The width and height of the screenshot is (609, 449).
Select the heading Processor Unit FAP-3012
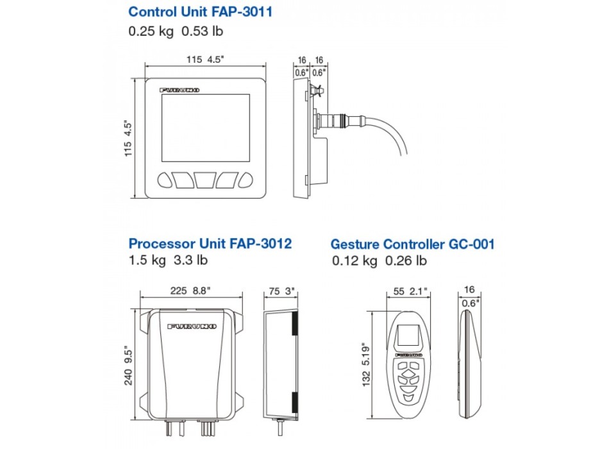click(210, 244)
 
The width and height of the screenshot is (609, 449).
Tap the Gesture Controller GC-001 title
click(412, 244)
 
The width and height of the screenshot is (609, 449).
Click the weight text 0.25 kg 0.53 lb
click(176, 31)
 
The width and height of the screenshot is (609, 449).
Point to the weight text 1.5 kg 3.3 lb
click(168, 260)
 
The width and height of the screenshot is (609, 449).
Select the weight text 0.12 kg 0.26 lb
click(380, 261)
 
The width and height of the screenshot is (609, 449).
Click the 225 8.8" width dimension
click(190, 291)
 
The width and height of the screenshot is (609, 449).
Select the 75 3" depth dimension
click(281, 291)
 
